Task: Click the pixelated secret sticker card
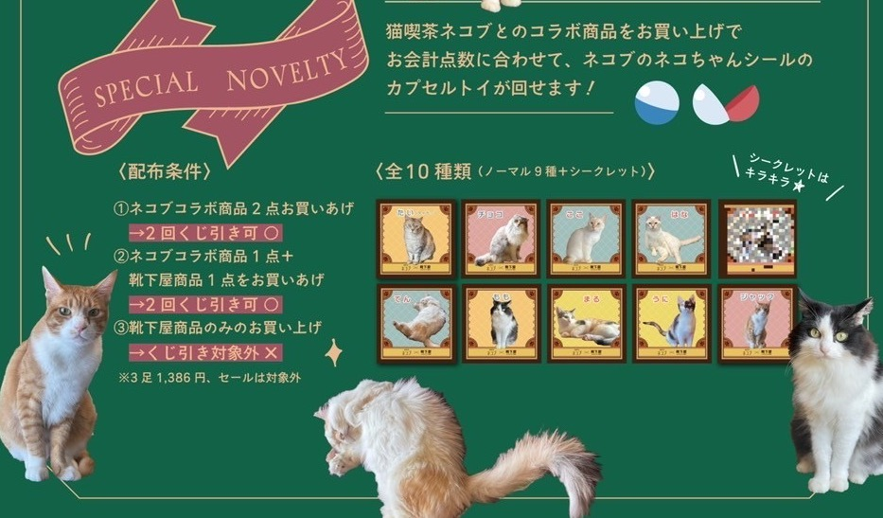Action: pyautogui.click(x=758, y=239)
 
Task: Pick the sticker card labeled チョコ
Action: pyautogui.click(x=502, y=239)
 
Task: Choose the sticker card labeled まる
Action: pyautogui.click(x=587, y=324)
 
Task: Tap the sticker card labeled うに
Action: pyautogui.click(x=672, y=324)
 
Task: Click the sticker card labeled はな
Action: pyautogui.click(x=672, y=239)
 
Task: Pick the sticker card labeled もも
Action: pyautogui.click(x=502, y=324)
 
